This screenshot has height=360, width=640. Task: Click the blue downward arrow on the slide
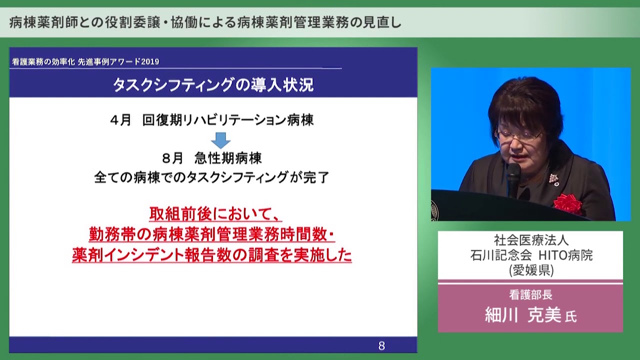click(x=220, y=140)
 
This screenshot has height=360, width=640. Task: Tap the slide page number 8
click(x=381, y=345)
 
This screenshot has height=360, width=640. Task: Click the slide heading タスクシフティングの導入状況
click(x=213, y=85)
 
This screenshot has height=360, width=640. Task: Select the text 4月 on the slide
click(x=120, y=120)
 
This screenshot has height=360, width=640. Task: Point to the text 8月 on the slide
click(x=173, y=158)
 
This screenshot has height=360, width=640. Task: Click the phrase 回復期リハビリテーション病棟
click(x=228, y=120)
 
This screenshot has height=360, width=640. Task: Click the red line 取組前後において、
click(x=215, y=213)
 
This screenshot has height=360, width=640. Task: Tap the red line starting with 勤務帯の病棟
click(x=212, y=234)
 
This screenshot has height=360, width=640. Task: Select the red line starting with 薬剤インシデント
click(x=212, y=255)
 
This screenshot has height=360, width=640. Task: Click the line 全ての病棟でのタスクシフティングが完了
click(x=211, y=177)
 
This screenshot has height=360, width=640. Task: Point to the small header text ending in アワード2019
click(x=85, y=61)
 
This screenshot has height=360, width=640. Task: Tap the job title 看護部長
click(x=530, y=295)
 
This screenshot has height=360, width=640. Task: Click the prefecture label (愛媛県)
click(x=530, y=270)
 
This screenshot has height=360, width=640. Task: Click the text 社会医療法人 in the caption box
click(x=530, y=240)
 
